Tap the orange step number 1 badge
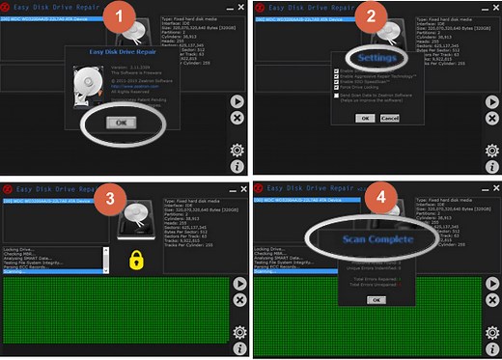pos(119,16)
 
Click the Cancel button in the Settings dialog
pos(389,118)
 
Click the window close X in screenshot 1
pos(237,8)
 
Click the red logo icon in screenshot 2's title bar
pos(263,8)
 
